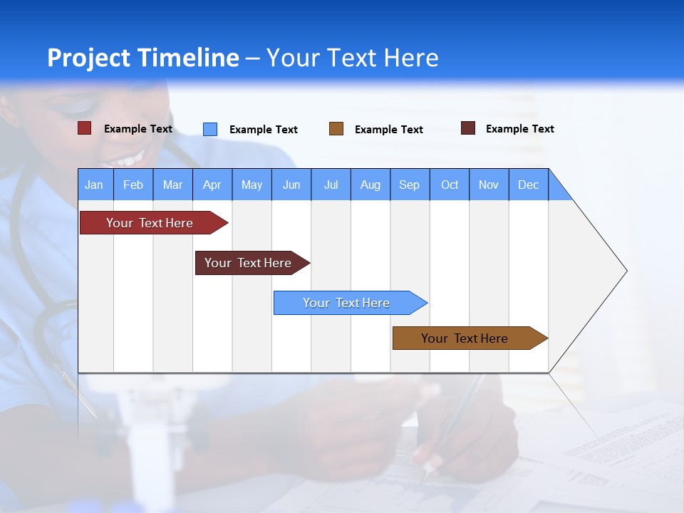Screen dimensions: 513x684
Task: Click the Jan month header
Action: (x=95, y=185)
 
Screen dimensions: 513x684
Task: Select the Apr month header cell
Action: (x=212, y=185)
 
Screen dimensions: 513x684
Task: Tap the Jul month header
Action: (x=331, y=185)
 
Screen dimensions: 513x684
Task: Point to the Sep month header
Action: (x=410, y=185)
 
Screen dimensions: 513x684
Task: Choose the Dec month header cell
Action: (x=528, y=185)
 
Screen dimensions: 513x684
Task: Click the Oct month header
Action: (x=450, y=185)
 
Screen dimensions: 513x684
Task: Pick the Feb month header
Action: (x=133, y=185)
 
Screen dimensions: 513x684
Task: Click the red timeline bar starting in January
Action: (x=150, y=223)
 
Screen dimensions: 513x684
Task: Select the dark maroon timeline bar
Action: (x=249, y=263)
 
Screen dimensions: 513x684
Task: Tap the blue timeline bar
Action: (x=347, y=303)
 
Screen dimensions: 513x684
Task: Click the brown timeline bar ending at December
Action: (x=465, y=338)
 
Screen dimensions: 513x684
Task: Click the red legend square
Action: (x=85, y=128)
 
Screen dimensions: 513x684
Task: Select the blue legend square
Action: (x=210, y=129)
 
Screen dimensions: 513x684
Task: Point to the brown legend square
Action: (x=336, y=129)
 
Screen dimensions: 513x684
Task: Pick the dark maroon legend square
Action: (x=468, y=128)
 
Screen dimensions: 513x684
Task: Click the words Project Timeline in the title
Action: (x=142, y=58)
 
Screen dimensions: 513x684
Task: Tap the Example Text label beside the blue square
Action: (x=263, y=130)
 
